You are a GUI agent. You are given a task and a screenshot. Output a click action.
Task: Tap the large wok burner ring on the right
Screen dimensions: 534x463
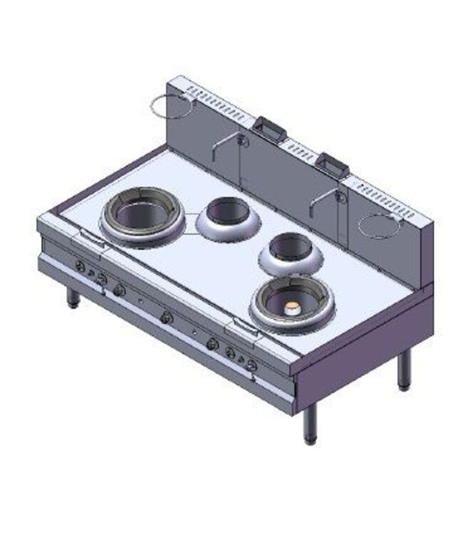click(291, 302)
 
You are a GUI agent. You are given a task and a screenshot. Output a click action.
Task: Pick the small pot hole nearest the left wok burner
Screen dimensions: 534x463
click(227, 216)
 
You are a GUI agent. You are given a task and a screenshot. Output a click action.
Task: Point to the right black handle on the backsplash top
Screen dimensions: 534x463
click(333, 164)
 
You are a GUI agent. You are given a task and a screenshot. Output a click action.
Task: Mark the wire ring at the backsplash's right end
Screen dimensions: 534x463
click(380, 225)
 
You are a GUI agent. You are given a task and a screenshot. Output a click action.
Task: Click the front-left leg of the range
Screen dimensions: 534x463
click(73, 297)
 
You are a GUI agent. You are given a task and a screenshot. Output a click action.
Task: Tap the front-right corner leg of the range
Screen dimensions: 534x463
click(310, 423)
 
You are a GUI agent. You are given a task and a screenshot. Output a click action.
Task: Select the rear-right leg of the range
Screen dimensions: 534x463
click(404, 370)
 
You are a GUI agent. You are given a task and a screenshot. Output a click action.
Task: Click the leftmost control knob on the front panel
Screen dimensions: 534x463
click(80, 267)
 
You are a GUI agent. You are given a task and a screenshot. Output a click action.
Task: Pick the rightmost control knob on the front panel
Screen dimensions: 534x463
click(251, 365)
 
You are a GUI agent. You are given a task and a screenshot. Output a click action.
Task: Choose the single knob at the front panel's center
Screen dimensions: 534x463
click(167, 317)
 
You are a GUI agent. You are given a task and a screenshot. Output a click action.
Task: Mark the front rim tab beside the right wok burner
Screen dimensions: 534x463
click(240, 327)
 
